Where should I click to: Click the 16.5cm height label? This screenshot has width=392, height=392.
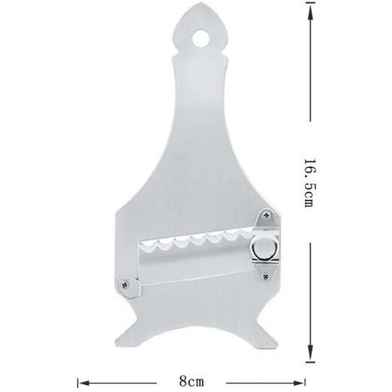point(309,183)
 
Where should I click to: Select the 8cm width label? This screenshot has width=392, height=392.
point(191,380)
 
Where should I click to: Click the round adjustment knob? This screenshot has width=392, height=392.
point(263,247)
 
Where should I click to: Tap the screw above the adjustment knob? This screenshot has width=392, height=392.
point(267,214)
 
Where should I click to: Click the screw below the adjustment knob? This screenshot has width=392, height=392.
point(266,276)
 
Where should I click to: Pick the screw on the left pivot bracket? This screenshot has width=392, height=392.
point(124,284)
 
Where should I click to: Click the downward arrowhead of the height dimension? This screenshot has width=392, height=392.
point(310,352)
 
